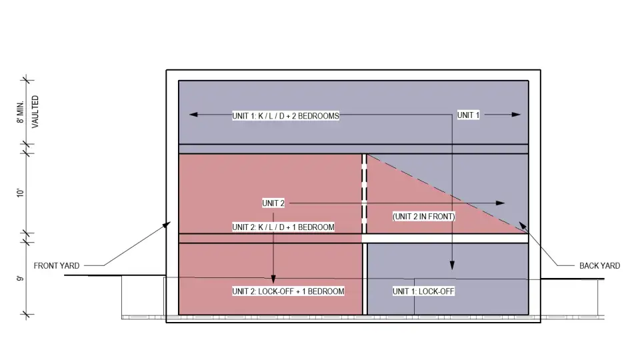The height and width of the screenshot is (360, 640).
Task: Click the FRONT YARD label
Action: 57,266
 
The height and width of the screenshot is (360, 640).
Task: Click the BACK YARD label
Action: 599,266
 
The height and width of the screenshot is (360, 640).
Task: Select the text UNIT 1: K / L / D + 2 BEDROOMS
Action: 285,115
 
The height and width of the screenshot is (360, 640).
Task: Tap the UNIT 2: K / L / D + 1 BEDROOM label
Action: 283,227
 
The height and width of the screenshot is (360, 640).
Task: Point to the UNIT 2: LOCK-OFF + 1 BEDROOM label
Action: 288,291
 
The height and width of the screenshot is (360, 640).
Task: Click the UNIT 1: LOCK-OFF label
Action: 423,291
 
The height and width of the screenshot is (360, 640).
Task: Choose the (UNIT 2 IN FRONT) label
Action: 424,217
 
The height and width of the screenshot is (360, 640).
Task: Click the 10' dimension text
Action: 21,193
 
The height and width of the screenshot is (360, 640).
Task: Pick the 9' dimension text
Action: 21,279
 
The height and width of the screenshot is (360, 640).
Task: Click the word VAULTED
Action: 35,112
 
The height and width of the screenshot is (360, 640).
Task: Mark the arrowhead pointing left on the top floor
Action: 194,115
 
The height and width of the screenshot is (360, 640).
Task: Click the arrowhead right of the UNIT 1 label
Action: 515,115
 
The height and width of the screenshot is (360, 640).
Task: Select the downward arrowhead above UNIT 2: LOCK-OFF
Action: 273,279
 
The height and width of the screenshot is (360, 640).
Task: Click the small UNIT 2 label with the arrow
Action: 273,203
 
